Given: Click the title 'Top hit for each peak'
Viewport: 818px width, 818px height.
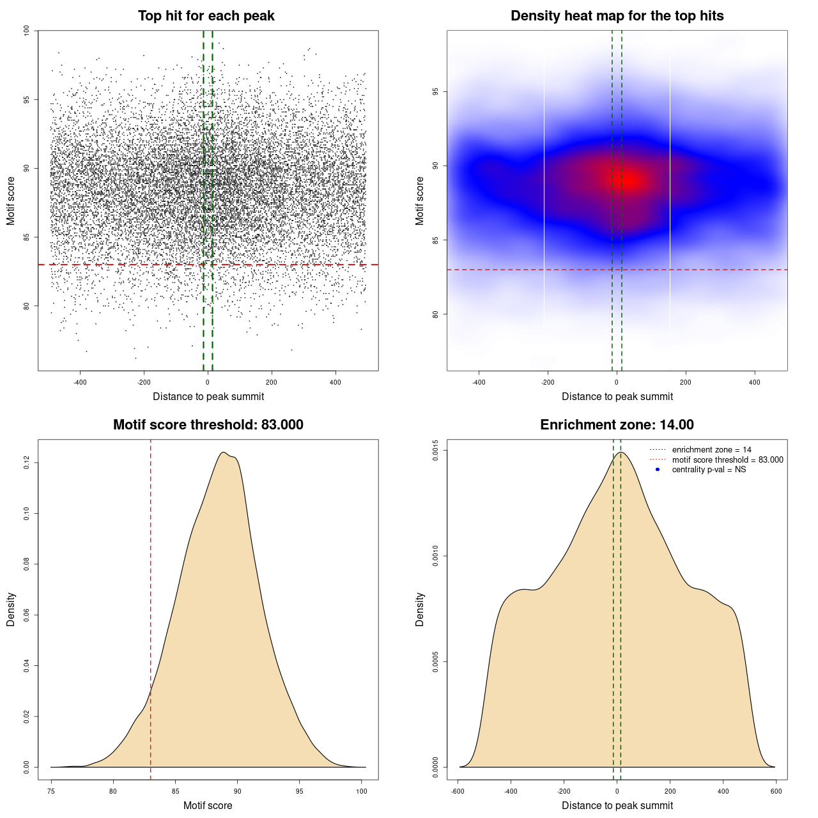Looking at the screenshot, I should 206,16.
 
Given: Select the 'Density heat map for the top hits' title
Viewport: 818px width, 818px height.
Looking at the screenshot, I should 617,16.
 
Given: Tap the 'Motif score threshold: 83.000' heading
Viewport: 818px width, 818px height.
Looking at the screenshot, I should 208,425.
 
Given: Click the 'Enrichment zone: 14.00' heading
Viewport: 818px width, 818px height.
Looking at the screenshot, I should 617,425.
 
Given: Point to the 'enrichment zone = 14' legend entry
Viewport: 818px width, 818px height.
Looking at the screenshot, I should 711,450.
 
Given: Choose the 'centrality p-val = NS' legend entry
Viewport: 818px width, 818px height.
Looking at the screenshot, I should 709,470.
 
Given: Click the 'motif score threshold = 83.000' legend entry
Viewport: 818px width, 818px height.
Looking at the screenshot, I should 727,460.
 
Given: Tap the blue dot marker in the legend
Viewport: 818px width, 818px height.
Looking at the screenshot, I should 658,470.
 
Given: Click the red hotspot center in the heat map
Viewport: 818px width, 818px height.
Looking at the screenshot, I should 629,181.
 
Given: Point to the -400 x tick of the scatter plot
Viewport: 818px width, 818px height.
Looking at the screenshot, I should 80,382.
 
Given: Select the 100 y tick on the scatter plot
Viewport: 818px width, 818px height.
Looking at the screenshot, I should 26,31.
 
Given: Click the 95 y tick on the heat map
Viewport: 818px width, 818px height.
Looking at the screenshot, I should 435,92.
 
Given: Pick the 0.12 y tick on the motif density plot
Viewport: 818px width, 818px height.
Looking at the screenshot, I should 26,463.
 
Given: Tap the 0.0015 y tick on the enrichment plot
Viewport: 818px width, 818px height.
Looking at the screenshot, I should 435,451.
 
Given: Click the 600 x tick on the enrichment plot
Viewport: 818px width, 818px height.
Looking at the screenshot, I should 776,791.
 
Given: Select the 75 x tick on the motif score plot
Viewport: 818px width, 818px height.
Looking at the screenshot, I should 51,791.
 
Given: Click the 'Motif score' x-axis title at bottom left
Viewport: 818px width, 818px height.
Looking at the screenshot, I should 208,805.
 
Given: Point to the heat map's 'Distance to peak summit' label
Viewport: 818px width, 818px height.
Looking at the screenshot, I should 617,396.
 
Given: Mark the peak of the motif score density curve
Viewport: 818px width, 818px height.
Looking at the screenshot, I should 223,452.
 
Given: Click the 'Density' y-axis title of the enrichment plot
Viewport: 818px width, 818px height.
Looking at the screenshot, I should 420,609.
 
